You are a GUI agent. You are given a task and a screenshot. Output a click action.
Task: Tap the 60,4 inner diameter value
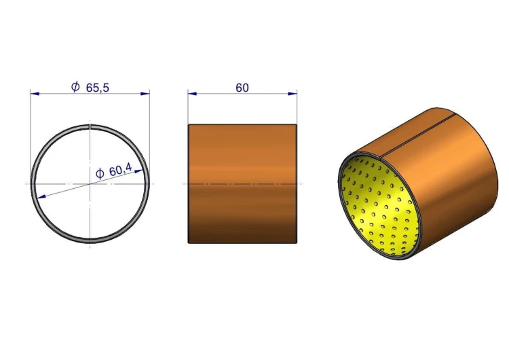pyautogui.click(x=120, y=172)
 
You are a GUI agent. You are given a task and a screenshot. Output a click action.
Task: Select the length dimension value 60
pyautogui.click(x=242, y=88)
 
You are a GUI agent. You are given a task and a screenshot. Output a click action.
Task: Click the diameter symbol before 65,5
pyautogui.click(x=75, y=87)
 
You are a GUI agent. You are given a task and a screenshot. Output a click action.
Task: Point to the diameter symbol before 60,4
pyautogui.click(x=99, y=173)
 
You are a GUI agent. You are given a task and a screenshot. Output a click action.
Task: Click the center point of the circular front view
pyautogui.click(x=90, y=183)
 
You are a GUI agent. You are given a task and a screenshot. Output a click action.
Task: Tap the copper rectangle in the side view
pyautogui.click(x=242, y=183)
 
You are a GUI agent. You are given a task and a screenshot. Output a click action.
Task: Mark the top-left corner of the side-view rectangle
pyautogui.click(x=189, y=124)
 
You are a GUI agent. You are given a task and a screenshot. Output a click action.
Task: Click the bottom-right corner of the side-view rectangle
pyautogui.click(x=297, y=242)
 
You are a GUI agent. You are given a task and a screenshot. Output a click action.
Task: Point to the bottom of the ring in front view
pyautogui.click(x=90, y=241)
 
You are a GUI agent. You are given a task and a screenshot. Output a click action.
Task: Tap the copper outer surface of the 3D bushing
pyautogui.click(x=455, y=177)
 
